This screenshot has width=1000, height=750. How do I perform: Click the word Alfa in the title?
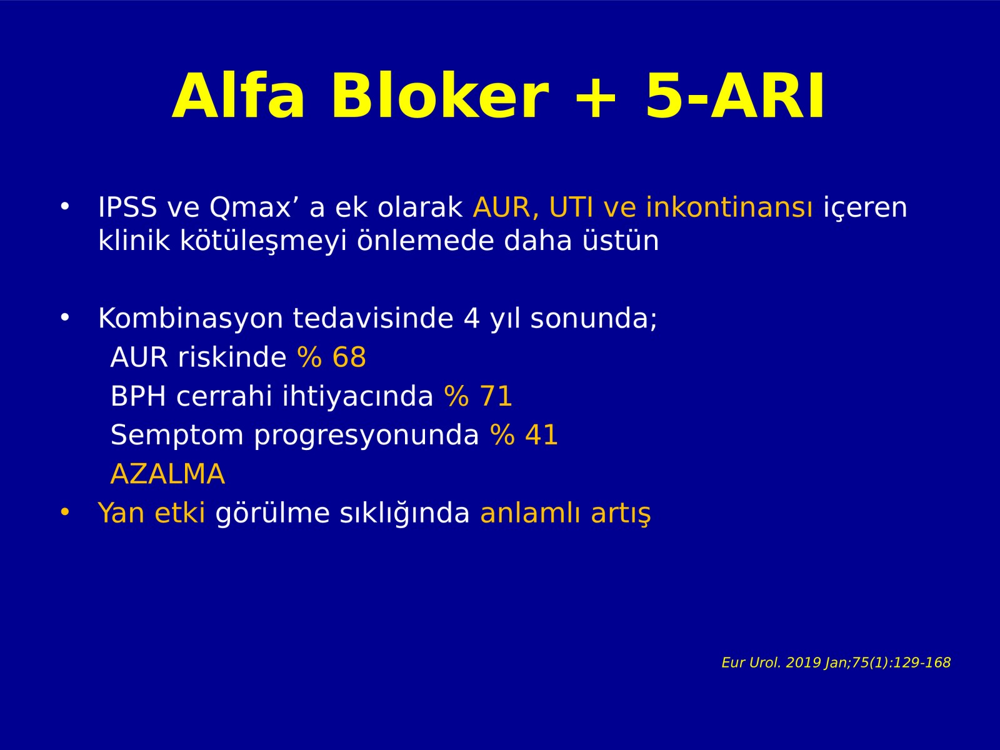[238, 96]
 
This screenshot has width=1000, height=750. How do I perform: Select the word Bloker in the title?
[440, 95]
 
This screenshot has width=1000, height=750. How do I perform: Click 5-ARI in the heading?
[734, 96]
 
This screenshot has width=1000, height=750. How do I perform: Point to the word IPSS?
[127, 207]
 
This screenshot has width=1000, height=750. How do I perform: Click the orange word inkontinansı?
[729, 207]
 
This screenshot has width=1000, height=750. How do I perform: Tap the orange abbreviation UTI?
[571, 207]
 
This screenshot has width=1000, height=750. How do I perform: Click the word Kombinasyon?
[191, 318]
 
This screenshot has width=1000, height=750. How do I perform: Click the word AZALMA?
[167, 474]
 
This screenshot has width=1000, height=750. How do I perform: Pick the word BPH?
[138, 396]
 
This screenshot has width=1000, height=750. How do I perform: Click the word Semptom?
[177, 436]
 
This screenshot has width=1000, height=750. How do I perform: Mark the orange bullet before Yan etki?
[65, 512]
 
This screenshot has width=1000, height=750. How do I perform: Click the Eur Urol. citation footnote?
[836, 662]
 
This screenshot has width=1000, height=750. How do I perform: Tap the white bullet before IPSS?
[65, 207]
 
